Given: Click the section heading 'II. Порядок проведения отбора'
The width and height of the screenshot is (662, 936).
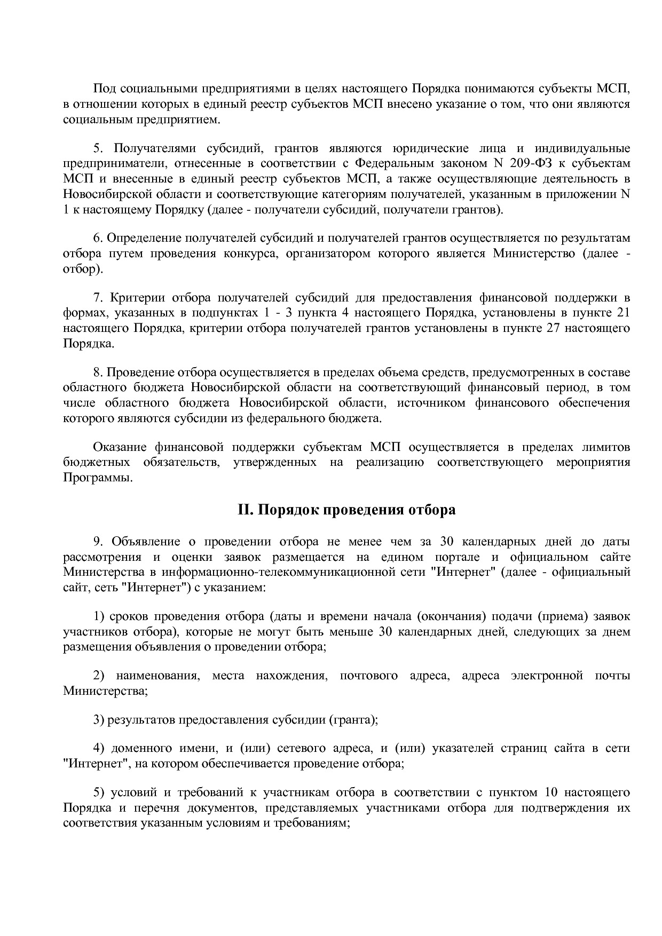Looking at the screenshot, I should (x=346, y=510).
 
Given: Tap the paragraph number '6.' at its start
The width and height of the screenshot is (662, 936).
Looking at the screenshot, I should (x=98, y=238).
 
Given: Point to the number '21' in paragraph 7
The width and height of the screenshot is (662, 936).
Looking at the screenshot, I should (x=623, y=312).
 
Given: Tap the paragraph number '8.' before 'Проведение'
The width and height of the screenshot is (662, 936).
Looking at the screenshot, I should (x=98, y=372).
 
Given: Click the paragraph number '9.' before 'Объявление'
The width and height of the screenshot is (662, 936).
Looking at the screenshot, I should (x=98, y=542).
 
